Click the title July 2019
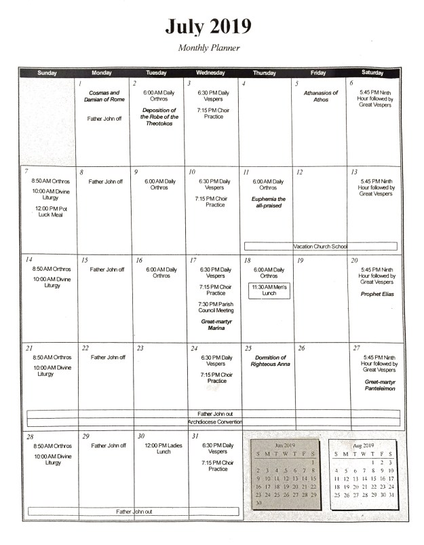pos(208,27)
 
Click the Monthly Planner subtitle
pos(209,48)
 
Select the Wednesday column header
pos(212,73)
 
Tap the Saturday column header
pos(372,73)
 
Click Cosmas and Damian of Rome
pos(104,96)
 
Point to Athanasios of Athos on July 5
pos(320,96)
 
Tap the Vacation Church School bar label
pos(320,246)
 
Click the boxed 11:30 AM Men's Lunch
pos(269,290)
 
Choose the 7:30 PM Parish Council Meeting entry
pos(215,307)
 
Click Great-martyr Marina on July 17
pos(215,324)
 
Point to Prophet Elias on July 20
pos(377,294)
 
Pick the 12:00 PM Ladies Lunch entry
pos(157,449)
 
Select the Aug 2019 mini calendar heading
pos(364,445)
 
